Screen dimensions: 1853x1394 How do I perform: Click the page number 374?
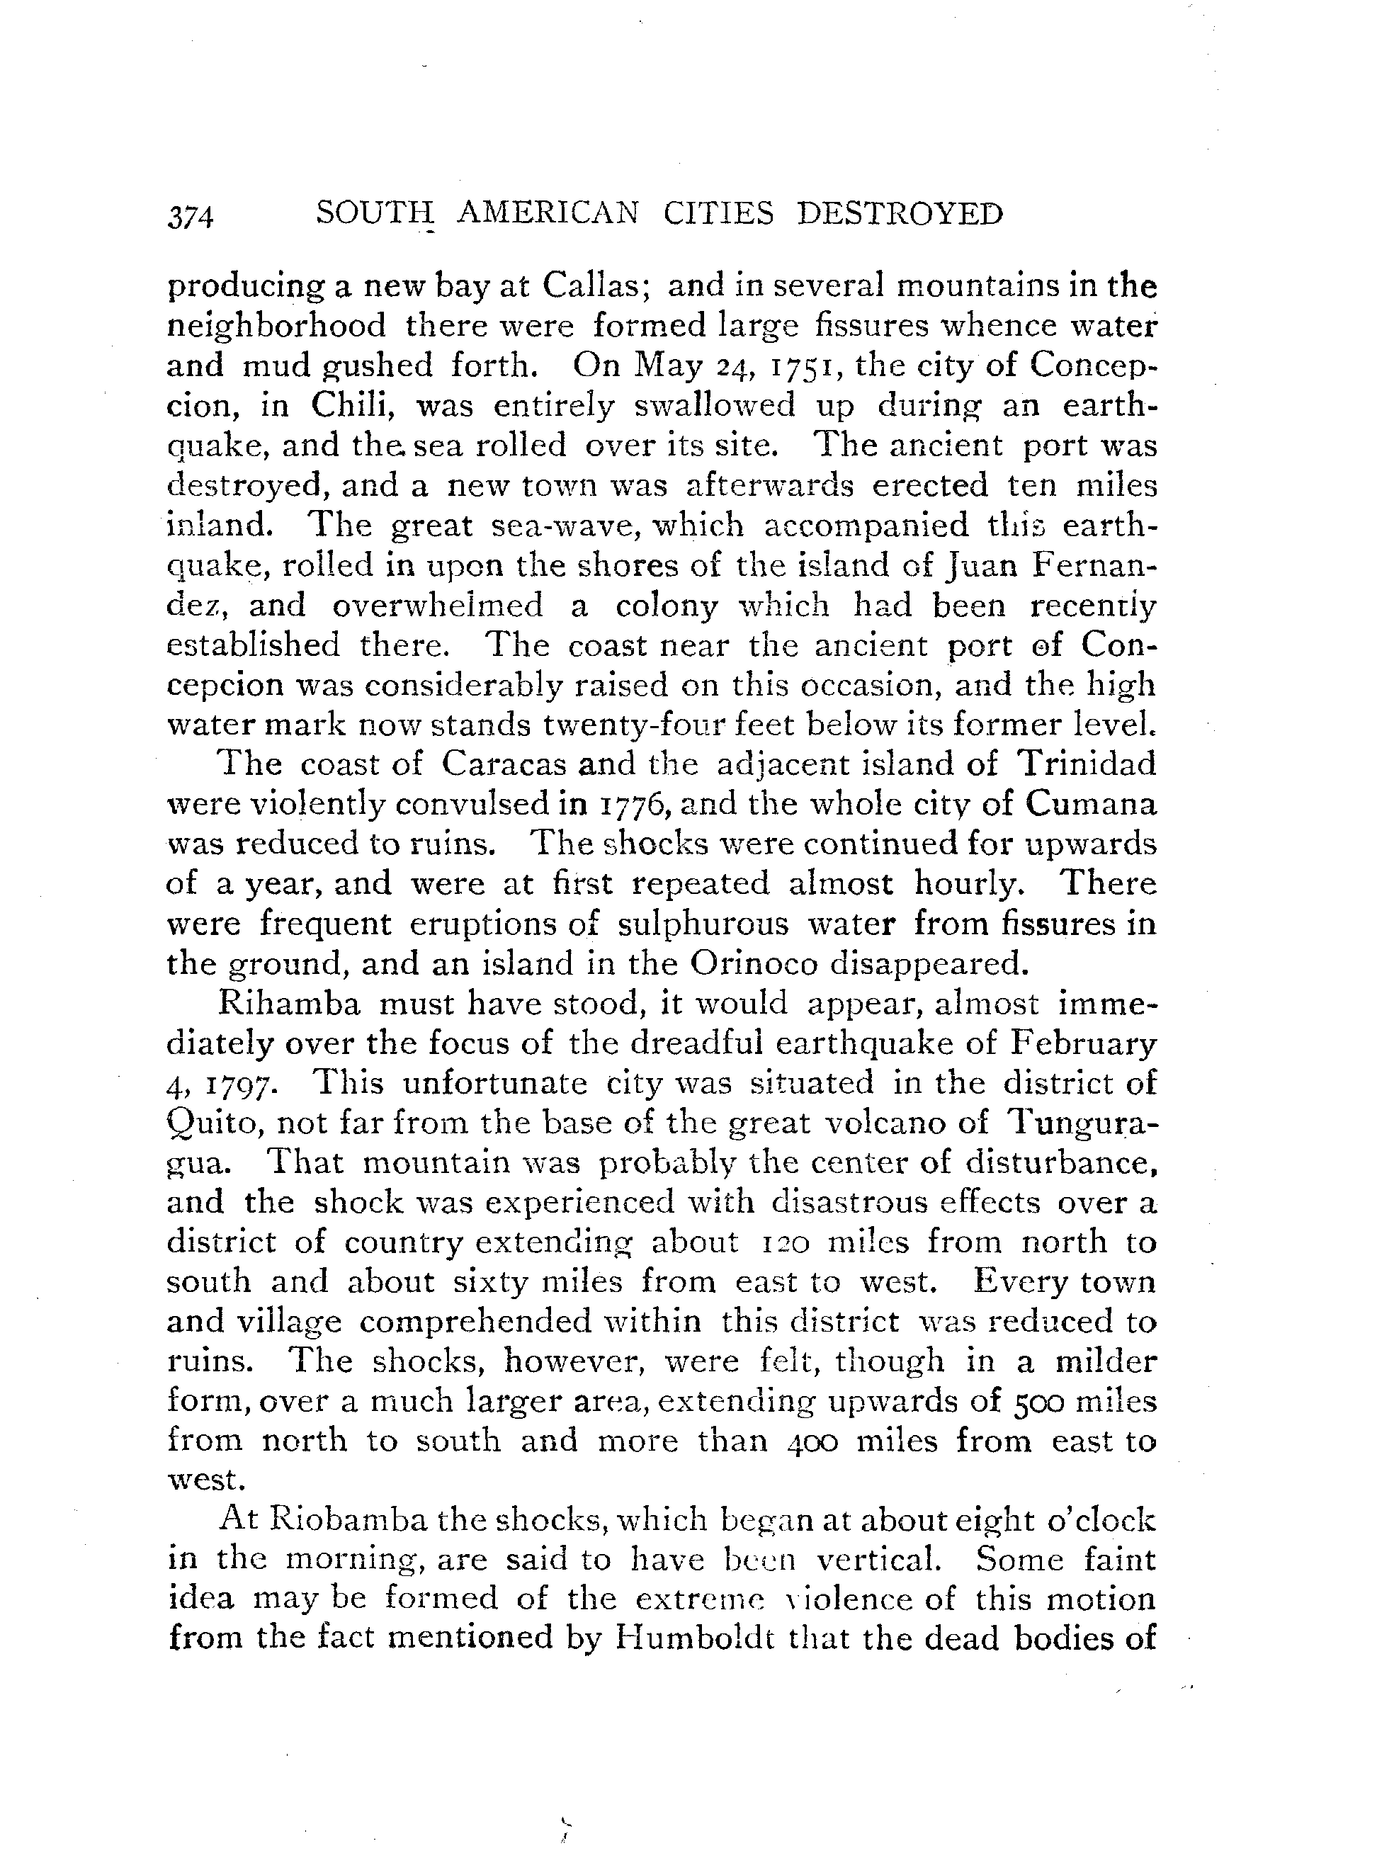pos(191,216)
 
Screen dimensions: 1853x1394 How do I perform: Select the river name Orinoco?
pos(753,964)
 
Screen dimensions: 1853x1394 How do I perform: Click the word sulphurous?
pos(702,924)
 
